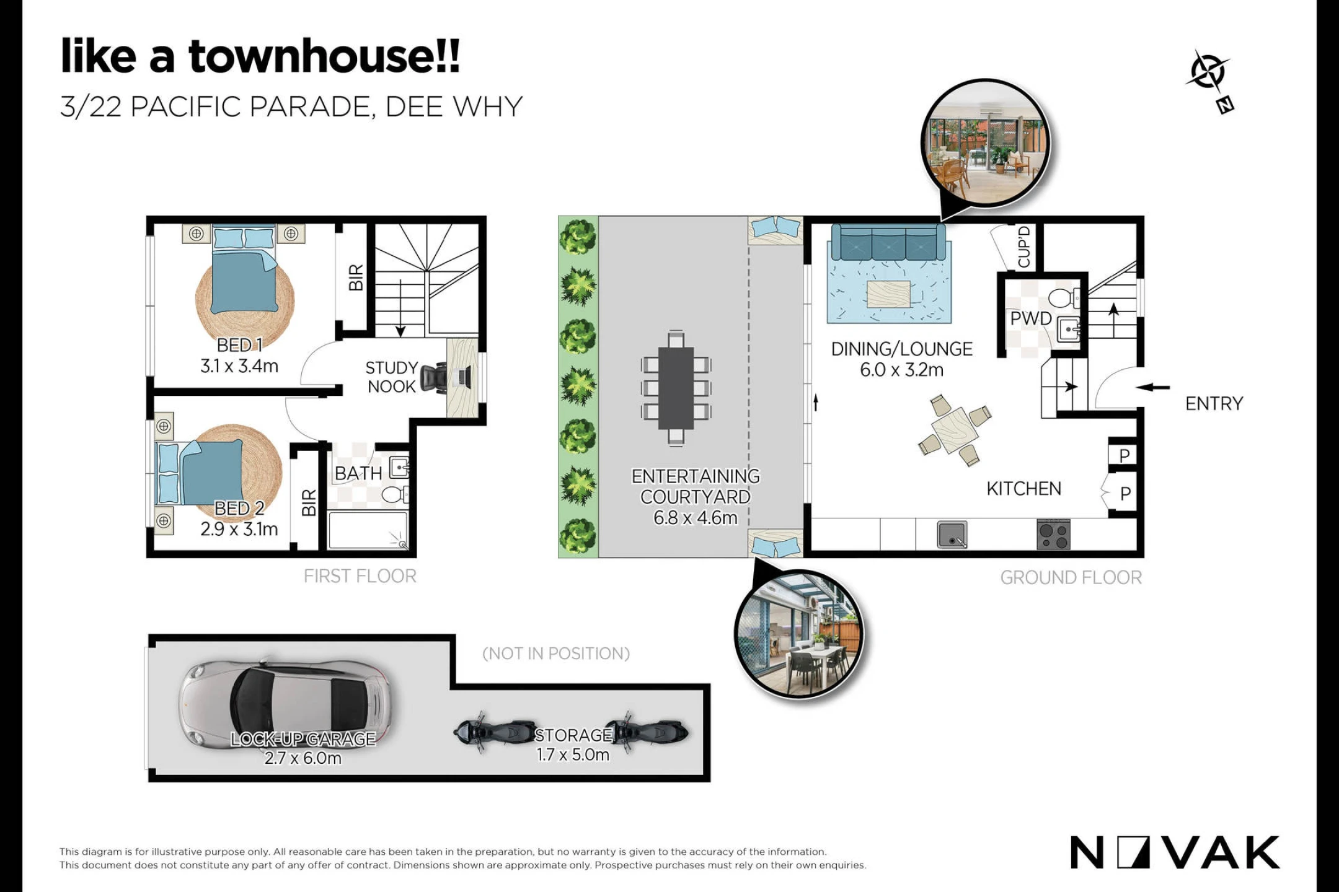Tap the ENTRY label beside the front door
pyautogui.click(x=1214, y=404)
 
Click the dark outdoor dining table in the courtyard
pyautogui.click(x=676, y=388)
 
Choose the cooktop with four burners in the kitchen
pyautogui.click(x=1053, y=535)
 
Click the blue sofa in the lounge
pyautogui.click(x=888, y=242)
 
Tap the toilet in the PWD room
pyautogui.click(x=1064, y=298)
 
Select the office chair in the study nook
pyautogui.click(x=435, y=377)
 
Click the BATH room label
pyautogui.click(x=358, y=474)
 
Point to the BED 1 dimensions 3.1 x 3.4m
pyautogui.click(x=239, y=366)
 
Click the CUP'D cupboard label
pyautogui.click(x=1024, y=247)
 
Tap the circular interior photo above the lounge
pyautogui.click(x=986, y=143)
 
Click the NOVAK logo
pyautogui.click(x=1175, y=852)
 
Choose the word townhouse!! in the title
pyautogui.click(x=324, y=56)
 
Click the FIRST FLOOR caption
pyautogui.click(x=360, y=577)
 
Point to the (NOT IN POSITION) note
pyautogui.click(x=556, y=654)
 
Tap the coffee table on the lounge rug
pyautogui.click(x=889, y=294)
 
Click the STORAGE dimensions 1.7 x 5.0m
pyautogui.click(x=573, y=754)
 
